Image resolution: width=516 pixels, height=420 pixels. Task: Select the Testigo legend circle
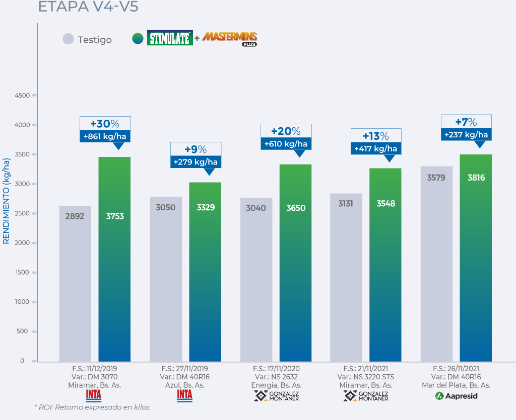click(68, 39)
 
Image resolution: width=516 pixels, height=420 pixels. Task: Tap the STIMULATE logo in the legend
click(170, 38)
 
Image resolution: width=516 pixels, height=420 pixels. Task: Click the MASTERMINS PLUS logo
click(230, 38)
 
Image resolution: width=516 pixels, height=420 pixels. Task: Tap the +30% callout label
click(105, 124)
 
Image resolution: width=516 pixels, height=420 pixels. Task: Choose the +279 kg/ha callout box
click(195, 162)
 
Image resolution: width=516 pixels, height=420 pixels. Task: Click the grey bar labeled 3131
click(346, 277)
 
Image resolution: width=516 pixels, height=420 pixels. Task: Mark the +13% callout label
click(376, 136)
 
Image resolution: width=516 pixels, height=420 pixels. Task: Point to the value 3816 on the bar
click(476, 178)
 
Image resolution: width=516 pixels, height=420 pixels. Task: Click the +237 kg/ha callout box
click(466, 134)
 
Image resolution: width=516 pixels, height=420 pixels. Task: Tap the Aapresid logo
click(456, 396)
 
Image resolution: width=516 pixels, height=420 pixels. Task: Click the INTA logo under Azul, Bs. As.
click(184, 395)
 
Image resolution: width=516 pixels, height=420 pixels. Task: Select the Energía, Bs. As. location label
click(276, 385)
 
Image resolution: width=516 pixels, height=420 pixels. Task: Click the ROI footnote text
click(92, 407)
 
